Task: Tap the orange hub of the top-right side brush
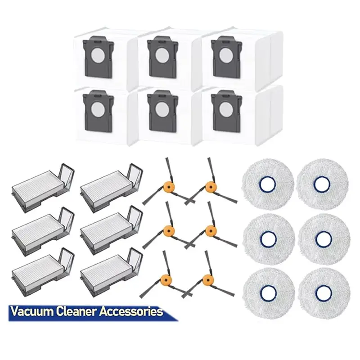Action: tap(209, 187)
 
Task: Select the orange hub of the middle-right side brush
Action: tap(209, 231)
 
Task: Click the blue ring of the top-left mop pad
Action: tap(268, 184)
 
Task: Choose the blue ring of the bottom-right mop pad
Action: tap(323, 293)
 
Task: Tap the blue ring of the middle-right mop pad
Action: tap(324, 239)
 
